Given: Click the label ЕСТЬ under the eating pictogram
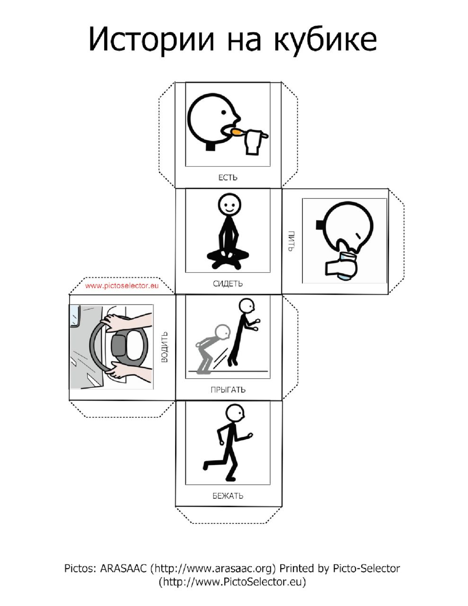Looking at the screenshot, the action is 228,178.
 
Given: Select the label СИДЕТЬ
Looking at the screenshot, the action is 228,284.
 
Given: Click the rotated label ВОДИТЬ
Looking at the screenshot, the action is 165,347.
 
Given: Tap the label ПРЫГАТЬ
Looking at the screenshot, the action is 228,390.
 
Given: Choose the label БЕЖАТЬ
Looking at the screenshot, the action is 228,496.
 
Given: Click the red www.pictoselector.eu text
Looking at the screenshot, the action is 122,285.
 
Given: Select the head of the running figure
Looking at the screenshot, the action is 235,414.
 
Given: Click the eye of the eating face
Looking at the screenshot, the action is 224,112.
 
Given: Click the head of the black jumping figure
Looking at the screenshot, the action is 247,306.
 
